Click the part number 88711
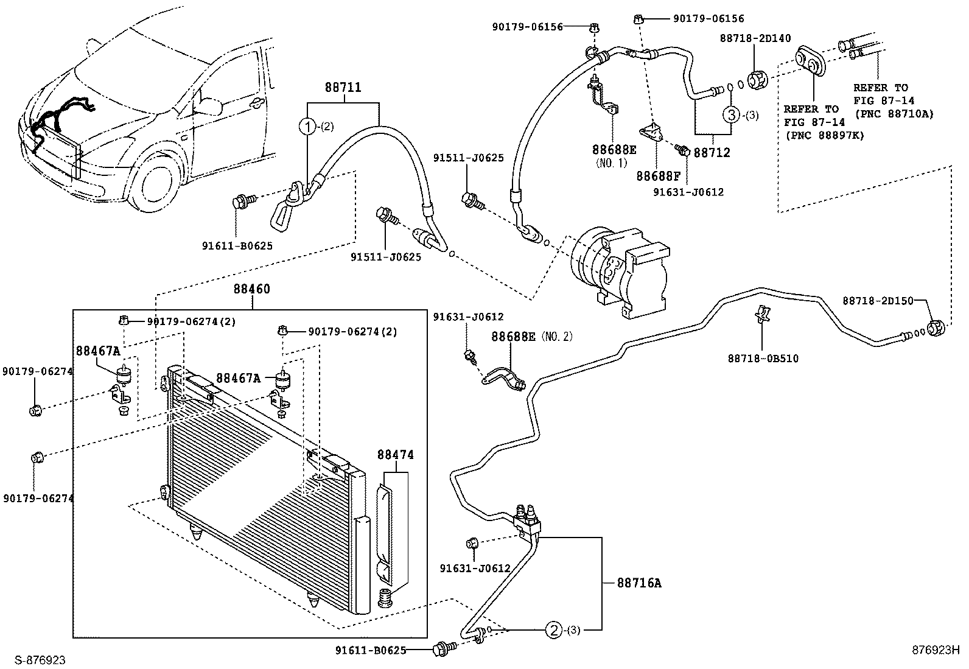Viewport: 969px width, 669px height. click(343, 88)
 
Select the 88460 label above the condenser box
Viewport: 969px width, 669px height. click(251, 289)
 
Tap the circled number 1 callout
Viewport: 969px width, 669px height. click(308, 127)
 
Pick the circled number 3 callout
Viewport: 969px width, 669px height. click(731, 114)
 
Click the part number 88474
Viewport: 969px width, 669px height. click(395, 455)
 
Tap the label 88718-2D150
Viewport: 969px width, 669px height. click(878, 301)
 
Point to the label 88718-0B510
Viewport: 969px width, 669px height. click(763, 359)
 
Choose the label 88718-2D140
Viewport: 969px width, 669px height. click(755, 38)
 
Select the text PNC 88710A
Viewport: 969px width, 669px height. click(893, 114)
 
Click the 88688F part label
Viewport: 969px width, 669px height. click(659, 177)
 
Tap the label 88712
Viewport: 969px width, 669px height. click(712, 153)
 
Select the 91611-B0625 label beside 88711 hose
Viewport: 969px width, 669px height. click(237, 246)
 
